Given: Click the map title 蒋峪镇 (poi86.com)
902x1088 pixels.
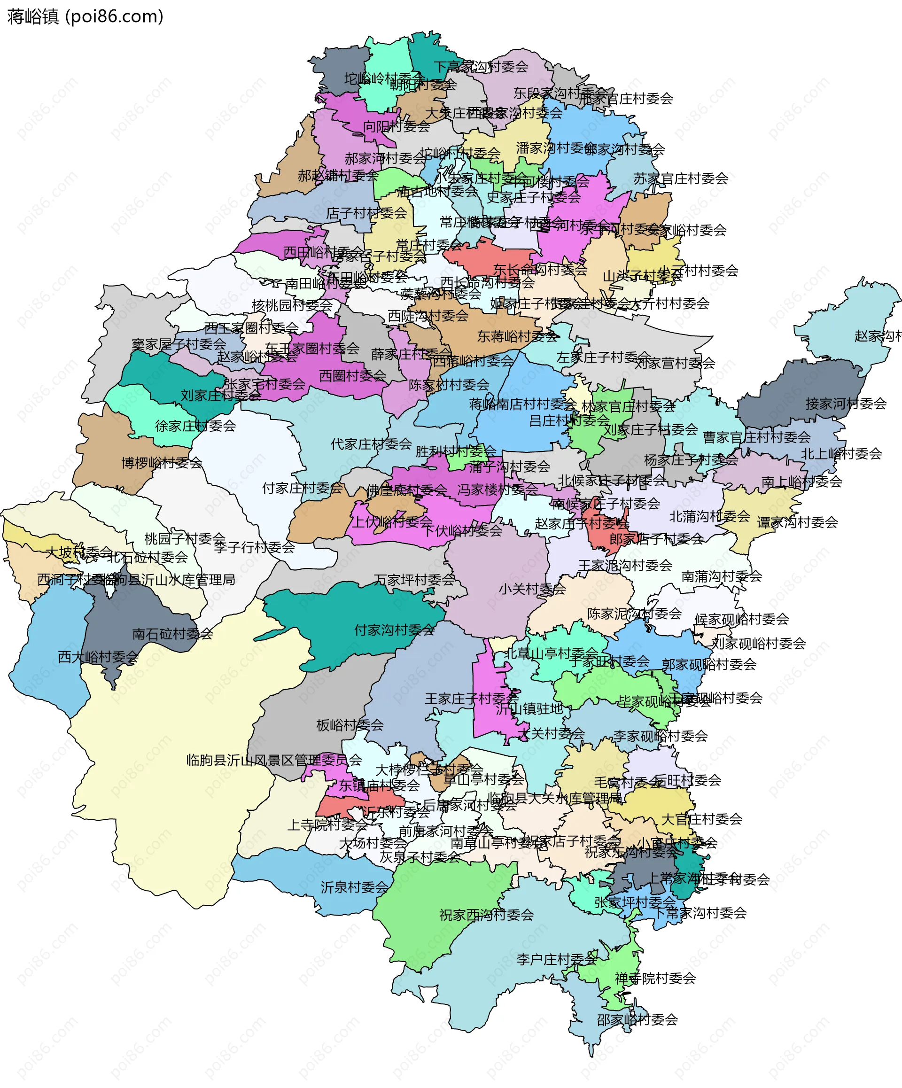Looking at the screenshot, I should [86, 16].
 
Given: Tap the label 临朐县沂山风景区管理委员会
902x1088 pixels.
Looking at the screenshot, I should [273, 760].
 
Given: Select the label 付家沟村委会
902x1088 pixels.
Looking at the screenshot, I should [394, 630].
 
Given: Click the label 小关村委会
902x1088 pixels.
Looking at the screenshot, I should [532, 589].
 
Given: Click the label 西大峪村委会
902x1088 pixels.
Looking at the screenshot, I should [98, 657].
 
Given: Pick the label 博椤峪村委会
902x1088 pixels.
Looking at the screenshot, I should [162, 463].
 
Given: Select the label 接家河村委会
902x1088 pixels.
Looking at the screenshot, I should [846, 404].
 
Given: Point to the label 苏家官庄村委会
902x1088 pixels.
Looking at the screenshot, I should [680, 179].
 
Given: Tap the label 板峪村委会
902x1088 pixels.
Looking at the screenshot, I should [350, 725].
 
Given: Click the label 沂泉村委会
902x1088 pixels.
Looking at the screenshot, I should [354, 887].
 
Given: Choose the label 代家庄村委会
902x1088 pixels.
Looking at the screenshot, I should [371, 444].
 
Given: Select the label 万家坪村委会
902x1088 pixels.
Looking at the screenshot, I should [414, 580].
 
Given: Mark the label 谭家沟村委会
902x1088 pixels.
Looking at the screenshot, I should [797, 522].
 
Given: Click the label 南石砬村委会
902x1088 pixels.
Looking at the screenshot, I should [172, 634].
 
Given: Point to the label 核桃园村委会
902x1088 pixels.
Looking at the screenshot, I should [292, 305].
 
